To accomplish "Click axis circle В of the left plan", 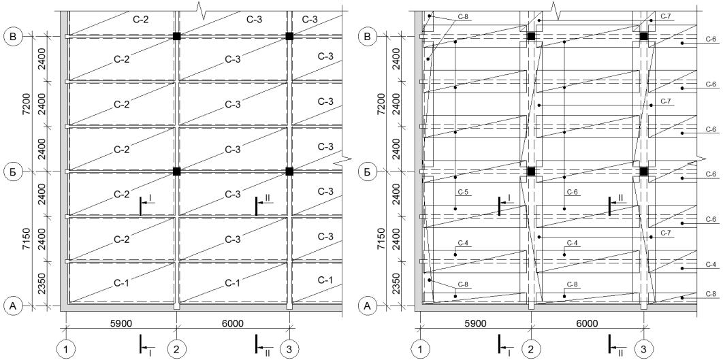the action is (x=14, y=37).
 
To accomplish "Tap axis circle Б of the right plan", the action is (x=368, y=171).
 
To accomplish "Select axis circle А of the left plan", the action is (x=14, y=305).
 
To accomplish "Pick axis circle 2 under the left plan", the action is (x=176, y=349).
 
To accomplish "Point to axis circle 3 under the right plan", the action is (x=644, y=349).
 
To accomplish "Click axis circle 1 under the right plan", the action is (x=420, y=349).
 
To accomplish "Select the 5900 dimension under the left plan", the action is (x=120, y=323).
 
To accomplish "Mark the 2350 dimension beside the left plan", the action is (x=43, y=284).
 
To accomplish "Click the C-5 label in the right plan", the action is (x=463, y=192).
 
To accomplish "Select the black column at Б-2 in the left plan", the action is (x=176, y=171).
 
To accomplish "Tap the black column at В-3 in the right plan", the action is (x=644, y=37).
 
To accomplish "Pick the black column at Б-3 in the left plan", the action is (x=289, y=171).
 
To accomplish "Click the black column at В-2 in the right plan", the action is (x=531, y=37).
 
